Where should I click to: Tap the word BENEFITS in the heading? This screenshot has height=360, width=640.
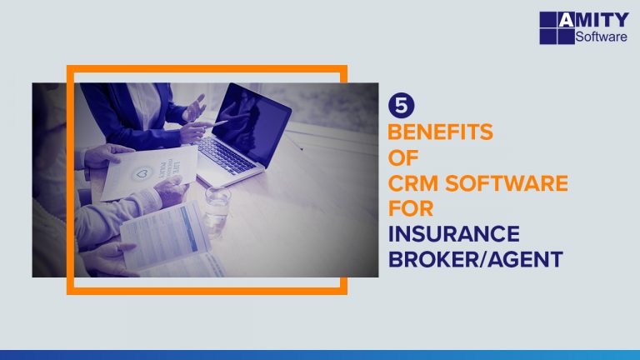coord(441,132)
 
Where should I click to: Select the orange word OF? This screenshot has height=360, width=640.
coord(403,158)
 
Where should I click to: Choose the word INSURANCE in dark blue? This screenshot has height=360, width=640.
coord(453,234)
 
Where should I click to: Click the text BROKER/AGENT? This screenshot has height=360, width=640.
coord(475,260)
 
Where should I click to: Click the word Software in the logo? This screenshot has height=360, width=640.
coord(602,37)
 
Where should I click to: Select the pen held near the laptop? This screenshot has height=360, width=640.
coord(214,123)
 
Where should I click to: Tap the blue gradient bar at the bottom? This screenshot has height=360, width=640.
coord(320,354)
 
